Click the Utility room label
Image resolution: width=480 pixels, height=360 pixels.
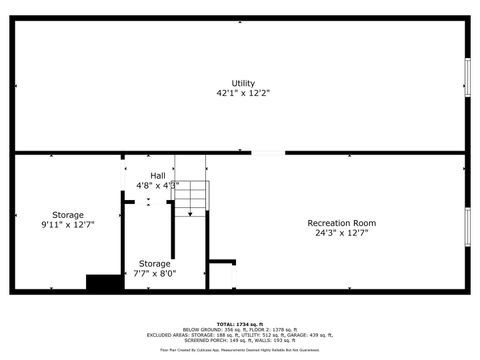pos(243,83)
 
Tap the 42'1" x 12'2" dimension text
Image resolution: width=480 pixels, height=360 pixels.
pos(243,93)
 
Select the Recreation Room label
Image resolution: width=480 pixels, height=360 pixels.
pos(341,222)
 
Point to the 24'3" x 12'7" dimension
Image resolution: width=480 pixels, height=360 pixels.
pos(342,233)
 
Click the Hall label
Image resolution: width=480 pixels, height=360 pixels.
pos(158,176)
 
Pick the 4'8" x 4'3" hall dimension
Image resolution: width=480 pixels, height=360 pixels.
pos(158,186)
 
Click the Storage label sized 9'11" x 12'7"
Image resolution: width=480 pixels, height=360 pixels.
pos(68,214)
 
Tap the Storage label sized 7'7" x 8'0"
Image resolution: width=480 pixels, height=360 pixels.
pos(154,263)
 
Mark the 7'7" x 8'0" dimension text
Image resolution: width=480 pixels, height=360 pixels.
pos(154,273)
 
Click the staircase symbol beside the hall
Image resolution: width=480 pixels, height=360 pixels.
pos(194,197)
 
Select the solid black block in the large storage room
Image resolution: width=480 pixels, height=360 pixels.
pos(104,283)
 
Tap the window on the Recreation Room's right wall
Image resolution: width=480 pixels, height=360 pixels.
pos(467,226)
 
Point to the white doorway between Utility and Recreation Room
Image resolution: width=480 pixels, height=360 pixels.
pos(267,153)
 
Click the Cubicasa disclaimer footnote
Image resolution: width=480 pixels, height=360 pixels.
pos(240,350)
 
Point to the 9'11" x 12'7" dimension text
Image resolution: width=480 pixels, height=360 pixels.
pos(68,225)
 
